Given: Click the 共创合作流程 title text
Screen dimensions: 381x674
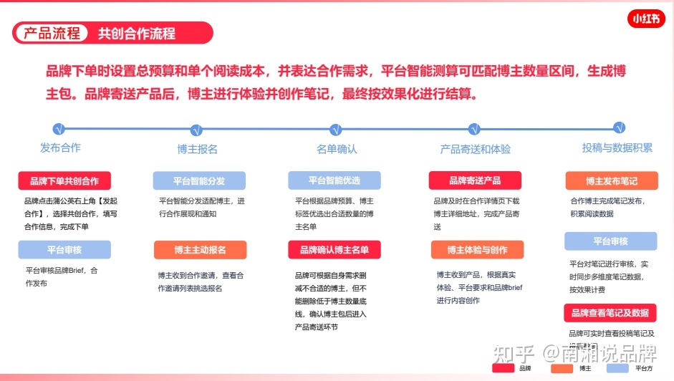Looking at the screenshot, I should [x=136, y=33].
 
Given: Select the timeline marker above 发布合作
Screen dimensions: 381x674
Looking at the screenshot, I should [x=59, y=129].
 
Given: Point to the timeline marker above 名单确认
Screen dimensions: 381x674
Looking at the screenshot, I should [x=335, y=130].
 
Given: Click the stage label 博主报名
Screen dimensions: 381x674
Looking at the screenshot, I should [x=197, y=149].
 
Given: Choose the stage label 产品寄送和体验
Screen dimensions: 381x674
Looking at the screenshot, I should [x=475, y=149].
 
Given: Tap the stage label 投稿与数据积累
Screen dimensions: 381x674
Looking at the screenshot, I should [x=617, y=148].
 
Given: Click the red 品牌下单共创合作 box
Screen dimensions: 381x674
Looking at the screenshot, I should [x=64, y=180].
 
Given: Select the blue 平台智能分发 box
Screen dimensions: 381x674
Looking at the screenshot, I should [x=199, y=180].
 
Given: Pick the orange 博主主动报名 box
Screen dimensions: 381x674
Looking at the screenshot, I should [x=200, y=249].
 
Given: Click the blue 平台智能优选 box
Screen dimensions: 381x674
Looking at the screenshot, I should [x=334, y=180].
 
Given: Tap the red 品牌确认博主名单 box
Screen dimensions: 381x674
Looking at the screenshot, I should [x=334, y=249].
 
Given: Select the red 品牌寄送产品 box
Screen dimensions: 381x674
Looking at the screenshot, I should [x=475, y=180].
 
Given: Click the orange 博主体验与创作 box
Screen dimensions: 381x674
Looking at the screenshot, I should [x=477, y=249].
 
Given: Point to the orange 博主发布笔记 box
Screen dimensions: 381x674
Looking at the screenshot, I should [x=611, y=180].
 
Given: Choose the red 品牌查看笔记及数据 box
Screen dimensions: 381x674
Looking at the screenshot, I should [x=610, y=313].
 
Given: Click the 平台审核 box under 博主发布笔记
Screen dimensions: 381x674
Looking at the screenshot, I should [x=610, y=241].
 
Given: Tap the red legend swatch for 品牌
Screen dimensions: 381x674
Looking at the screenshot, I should [x=504, y=368].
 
